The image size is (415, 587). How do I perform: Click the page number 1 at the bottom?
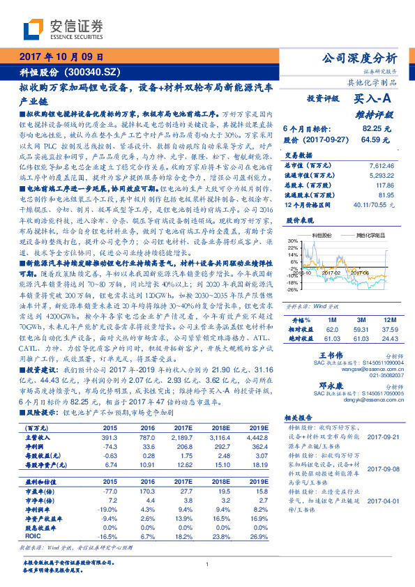[207, 565]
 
